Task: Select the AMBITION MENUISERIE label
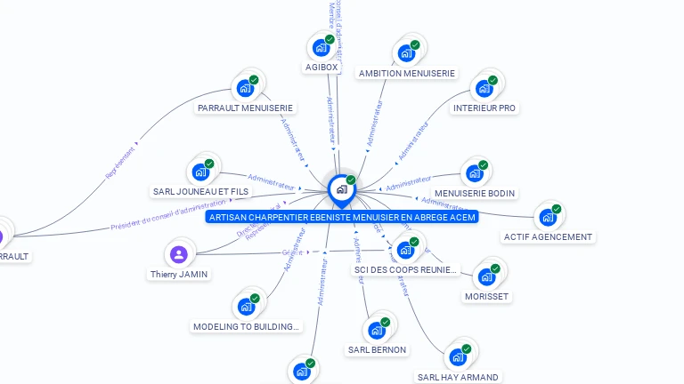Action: coord(406,74)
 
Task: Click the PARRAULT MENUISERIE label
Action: coord(245,108)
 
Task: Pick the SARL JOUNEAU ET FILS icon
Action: coord(199,172)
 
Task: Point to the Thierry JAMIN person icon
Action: coord(179,254)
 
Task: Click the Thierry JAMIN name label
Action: coord(179,275)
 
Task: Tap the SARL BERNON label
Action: coord(377,350)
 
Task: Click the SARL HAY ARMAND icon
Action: coord(458,356)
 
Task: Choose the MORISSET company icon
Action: coord(486,276)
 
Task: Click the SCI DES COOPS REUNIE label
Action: coord(406,269)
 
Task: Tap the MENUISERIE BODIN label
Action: coord(475,193)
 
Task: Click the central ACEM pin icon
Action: coord(341,189)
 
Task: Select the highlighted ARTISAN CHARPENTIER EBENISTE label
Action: coord(342,217)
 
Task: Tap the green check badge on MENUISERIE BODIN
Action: coord(484,164)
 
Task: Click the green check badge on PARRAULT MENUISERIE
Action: coord(254,80)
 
